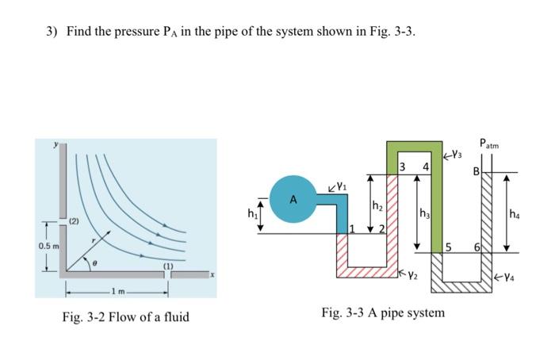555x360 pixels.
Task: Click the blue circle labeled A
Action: tap(293, 199)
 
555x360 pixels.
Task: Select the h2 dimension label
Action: tap(377, 206)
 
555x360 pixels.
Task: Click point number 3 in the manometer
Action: tap(403, 167)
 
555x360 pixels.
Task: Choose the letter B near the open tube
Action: tap(477, 170)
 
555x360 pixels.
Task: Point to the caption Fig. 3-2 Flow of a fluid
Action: tap(125, 317)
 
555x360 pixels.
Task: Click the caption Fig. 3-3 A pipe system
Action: tap(383, 312)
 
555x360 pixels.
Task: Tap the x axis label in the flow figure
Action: tap(211, 274)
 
